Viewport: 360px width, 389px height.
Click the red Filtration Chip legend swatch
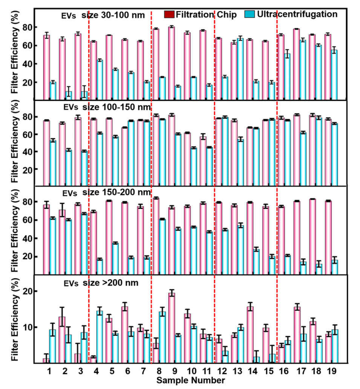click(169, 15)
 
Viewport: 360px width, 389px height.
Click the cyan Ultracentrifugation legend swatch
click(250, 15)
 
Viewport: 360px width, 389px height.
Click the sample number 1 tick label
click(49, 371)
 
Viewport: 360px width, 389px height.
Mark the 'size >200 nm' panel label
click(110, 283)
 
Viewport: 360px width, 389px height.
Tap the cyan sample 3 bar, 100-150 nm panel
click(84, 168)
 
